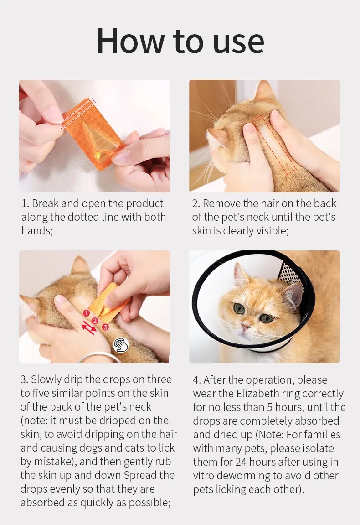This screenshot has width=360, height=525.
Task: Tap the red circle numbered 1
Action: (86, 313)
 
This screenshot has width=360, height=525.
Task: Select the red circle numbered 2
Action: (95, 321)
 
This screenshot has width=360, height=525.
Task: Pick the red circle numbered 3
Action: (105, 327)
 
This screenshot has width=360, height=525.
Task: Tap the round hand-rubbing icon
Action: (121, 345)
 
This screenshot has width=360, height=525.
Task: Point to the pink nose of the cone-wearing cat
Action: (245, 326)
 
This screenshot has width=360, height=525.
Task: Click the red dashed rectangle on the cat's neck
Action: (274, 144)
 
